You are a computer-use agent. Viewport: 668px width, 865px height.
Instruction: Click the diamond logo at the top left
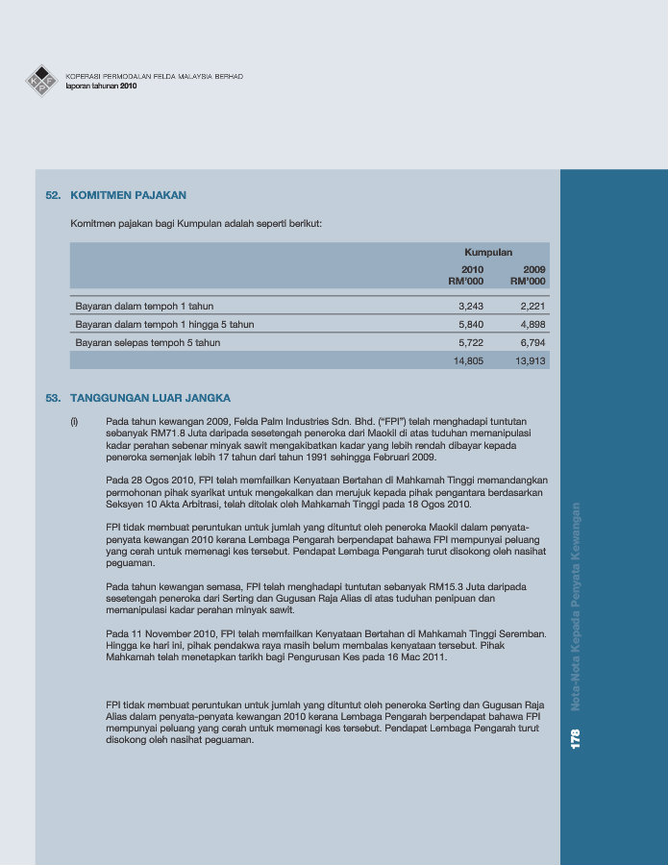click(41, 80)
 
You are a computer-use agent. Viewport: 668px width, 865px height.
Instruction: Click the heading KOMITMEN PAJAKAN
click(129, 195)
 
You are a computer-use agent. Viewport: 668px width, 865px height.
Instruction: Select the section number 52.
click(54, 195)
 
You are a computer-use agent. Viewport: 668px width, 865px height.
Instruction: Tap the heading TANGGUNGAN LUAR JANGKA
click(151, 397)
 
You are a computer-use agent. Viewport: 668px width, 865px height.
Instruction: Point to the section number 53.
click(54, 397)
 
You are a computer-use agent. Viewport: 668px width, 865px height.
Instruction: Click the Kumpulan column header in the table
click(488, 252)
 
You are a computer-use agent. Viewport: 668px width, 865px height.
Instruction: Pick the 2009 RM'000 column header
click(528, 276)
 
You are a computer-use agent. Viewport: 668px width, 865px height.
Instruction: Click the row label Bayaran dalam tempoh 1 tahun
click(144, 307)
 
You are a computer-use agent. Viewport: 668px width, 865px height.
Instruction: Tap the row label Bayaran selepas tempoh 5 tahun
click(148, 342)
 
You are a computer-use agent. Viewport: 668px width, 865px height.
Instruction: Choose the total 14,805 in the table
click(468, 360)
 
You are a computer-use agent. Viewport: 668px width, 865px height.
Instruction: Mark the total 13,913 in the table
click(530, 360)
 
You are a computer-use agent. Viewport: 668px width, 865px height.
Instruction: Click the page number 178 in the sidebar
click(576, 740)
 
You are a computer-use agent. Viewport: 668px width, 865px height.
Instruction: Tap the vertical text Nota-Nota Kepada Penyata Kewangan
click(576, 607)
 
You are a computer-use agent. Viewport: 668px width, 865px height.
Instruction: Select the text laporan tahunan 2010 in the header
click(102, 86)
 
